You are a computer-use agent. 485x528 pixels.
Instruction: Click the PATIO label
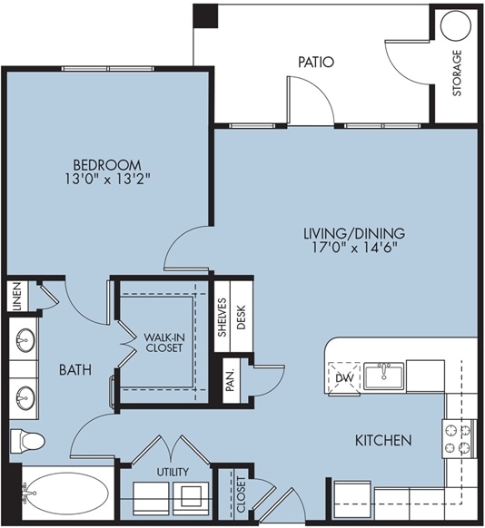(x=316, y=62)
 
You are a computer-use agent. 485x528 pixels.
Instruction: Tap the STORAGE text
(x=457, y=73)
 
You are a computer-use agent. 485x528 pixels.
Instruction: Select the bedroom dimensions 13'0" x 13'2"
(x=107, y=179)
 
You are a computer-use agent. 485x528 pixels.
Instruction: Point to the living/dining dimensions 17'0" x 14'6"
(x=354, y=248)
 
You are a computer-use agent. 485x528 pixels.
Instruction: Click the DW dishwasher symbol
(x=344, y=377)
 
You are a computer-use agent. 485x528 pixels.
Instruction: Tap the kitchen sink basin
(x=383, y=376)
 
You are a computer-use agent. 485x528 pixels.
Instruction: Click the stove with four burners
(x=459, y=439)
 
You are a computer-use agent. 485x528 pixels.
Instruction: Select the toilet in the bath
(x=27, y=441)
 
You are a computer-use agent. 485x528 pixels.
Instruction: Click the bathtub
(x=66, y=494)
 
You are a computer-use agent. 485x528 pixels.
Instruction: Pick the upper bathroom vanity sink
(x=25, y=340)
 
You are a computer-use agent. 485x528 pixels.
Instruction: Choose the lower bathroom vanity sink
(x=25, y=398)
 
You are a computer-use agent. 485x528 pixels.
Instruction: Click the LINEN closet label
(x=17, y=296)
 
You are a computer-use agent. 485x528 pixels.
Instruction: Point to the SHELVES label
(x=222, y=318)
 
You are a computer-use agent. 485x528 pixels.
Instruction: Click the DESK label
(x=241, y=317)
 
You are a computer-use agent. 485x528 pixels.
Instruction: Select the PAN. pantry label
(x=230, y=381)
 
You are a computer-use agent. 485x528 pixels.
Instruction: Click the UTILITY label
(x=173, y=472)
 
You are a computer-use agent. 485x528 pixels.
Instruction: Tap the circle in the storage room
(x=455, y=26)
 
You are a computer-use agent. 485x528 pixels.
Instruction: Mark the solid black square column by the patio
(x=205, y=15)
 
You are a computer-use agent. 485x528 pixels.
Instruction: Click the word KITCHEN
(x=383, y=440)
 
